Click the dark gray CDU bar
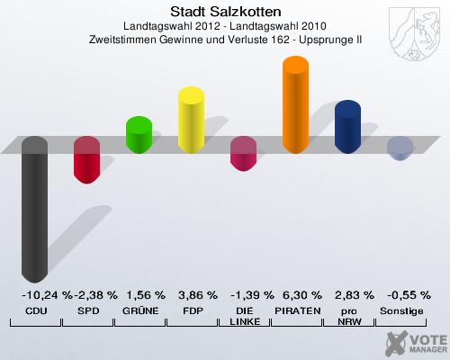click(34, 207)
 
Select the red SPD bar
click(86, 160)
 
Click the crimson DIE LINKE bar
click(243, 154)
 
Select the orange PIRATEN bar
click(295, 103)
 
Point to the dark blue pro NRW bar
click(347, 127)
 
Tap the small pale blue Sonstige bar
click(400, 148)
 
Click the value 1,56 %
click(141, 295)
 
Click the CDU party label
click(35, 310)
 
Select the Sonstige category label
click(401, 310)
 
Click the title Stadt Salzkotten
click(225, 12)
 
